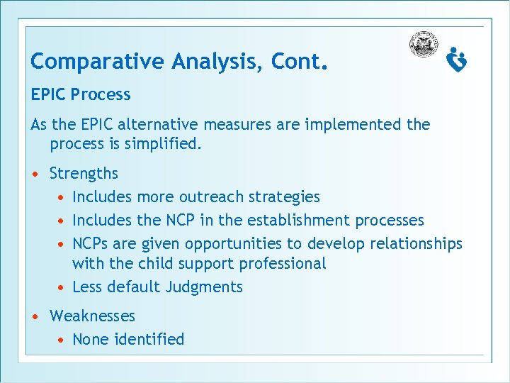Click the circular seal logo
tap(424, 45)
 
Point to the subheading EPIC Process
tap(81, 95)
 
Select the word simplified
tap(161, 145)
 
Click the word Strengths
tap(84, 174)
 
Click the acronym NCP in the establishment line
tap(188, 221)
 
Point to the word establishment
tap(300, 221)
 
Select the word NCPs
tap(91, 244)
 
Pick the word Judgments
tap(204, 287)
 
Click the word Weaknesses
tap(92, 316)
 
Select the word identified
tap(151, 340)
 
